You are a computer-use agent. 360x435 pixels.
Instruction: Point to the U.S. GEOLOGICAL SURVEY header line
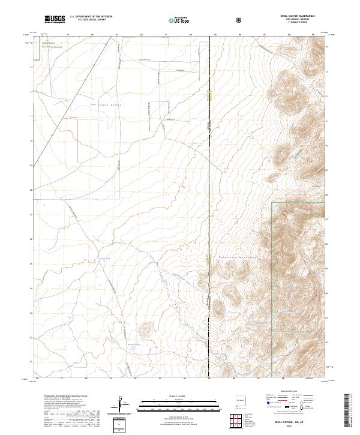pyautogui.click(x=91, y=20)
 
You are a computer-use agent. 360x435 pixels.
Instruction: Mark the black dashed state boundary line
pyautogui.click(x=209, y=180)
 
